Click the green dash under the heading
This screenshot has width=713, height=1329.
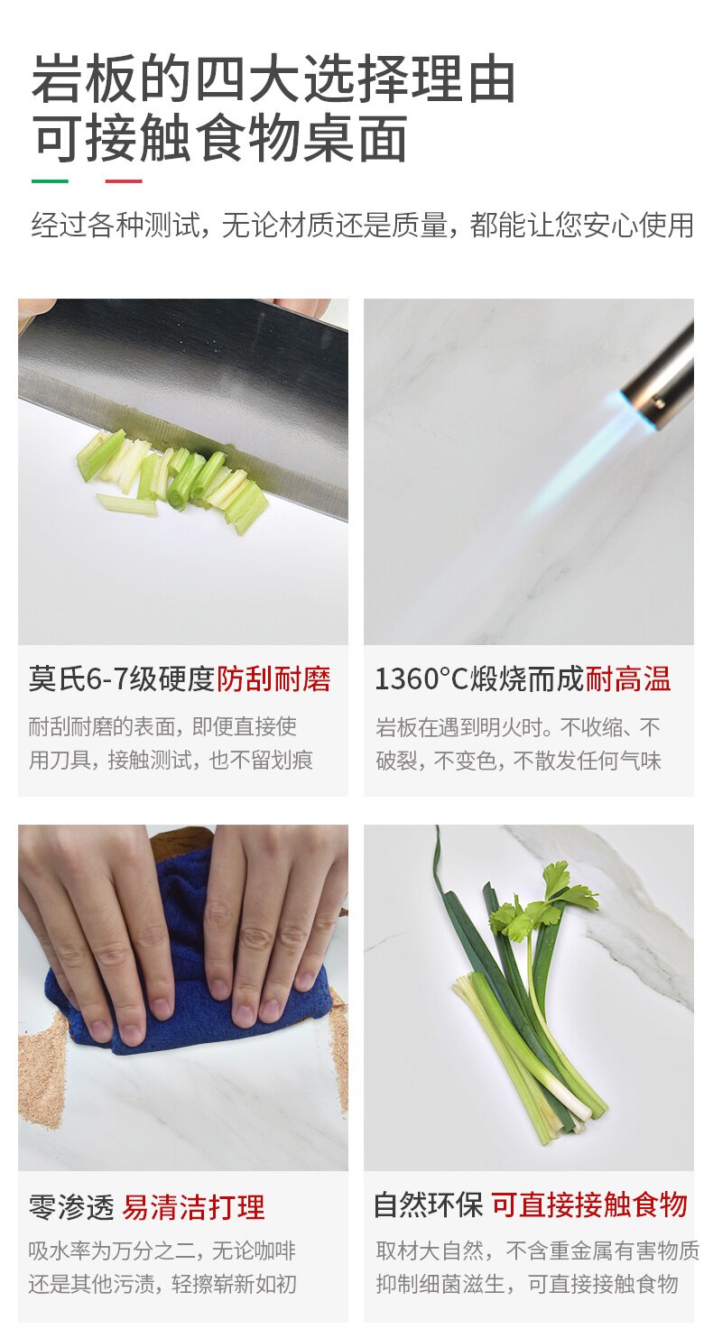tap(50, 181)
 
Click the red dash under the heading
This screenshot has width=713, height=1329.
tap(124, 181)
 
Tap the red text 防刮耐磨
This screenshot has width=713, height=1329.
tap(273, 679)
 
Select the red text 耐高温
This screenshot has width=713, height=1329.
tap(628, 679)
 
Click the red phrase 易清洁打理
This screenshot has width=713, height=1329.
tap(193, 1207)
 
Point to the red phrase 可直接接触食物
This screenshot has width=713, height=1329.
tap(589, 1205)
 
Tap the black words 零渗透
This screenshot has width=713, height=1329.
tap(71, 1207)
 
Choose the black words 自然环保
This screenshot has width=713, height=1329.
tap(429, 1205)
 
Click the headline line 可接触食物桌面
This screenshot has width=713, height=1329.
tap(219, 139)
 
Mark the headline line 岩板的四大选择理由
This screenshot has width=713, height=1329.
tap(273, 78)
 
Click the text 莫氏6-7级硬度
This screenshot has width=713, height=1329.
tap(121, 679)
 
